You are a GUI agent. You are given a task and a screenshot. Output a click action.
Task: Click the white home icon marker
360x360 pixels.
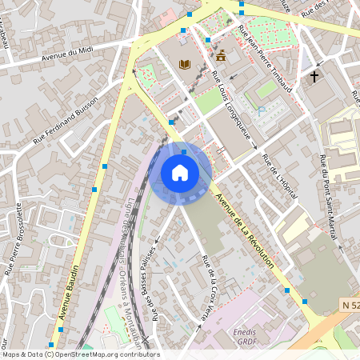pyautogui.click(x=180, y=173)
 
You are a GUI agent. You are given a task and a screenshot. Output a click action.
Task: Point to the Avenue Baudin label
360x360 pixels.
pyautogui.click(x=70, y=293)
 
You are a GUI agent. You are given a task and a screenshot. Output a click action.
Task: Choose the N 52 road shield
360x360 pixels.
pyautogui.click(x=348, y=306)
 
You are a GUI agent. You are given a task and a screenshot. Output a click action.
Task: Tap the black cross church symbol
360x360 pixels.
pyautogui.click(x=314, y=77)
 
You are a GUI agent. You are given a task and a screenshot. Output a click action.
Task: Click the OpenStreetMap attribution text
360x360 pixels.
pyautogui.click(x=80, y=354)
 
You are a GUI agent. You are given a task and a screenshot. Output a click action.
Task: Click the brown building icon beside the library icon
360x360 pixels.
pyautogui.click(x=220, y=56)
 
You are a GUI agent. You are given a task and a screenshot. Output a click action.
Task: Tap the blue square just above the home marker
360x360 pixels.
pyautogui.click(x=184, y=151)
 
